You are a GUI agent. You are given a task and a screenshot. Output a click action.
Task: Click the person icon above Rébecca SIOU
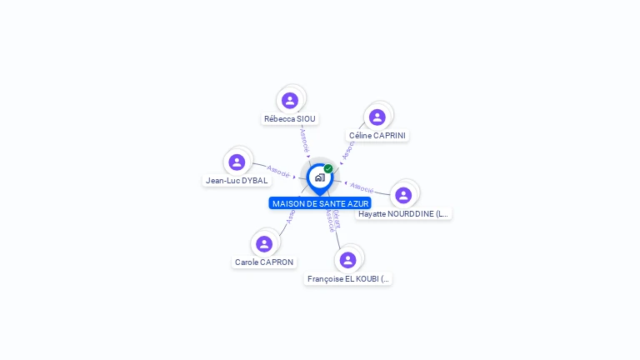click(x=290, y=101)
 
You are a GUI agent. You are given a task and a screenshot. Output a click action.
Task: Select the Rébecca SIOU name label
click(x=290, y=119)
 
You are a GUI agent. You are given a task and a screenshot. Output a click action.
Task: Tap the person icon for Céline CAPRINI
click(x=377, y=117)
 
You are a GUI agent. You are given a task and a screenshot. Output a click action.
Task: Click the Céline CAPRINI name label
click(x=378, y=136)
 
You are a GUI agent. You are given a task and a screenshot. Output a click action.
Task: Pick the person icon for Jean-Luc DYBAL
click(x=237, y=162)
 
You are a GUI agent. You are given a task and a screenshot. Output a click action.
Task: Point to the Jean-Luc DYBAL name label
click(x=237, y=180)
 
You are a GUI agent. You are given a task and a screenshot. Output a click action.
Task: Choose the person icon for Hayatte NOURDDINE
click(x=403, y=195)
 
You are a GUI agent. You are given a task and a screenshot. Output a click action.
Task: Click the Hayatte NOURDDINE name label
click(x=403, y=214)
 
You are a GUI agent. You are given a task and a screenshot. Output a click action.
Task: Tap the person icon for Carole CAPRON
click(x=264, y=243)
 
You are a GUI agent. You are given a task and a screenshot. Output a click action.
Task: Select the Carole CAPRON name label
click(x=264, y=262)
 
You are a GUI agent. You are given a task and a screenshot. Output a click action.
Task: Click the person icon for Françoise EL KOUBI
click(x=348, y=260)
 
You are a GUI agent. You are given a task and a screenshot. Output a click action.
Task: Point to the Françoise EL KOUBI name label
click(x=348, y=279)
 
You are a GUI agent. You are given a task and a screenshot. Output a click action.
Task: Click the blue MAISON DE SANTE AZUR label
click(x=320, y=203)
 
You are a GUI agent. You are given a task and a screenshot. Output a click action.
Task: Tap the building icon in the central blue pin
click(x=319, y=177)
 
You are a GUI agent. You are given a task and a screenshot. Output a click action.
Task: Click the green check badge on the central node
click(x=328, y=169)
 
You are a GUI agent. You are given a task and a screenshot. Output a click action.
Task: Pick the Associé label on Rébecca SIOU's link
click(x=304, y=138)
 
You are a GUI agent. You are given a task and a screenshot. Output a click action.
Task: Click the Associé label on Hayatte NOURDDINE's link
click(x=362, y=187)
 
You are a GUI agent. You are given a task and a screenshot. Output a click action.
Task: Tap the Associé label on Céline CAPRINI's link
click(x=348, y=150)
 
